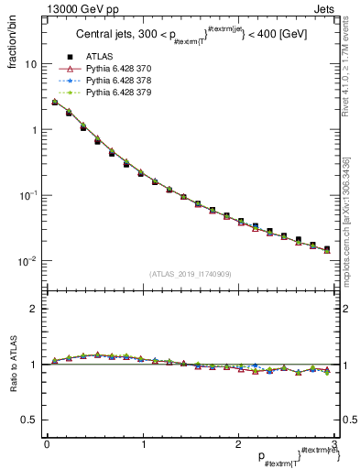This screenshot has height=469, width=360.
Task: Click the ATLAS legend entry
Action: click(98, 57)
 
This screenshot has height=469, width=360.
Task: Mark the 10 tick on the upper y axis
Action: click(30, 64)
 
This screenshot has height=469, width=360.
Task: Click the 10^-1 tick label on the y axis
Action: click(27, 195)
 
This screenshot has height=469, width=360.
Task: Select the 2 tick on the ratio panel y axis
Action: click(35, 309)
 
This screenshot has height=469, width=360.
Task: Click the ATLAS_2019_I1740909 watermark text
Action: click(191, 274)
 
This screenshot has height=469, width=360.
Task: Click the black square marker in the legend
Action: click(70, 57)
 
